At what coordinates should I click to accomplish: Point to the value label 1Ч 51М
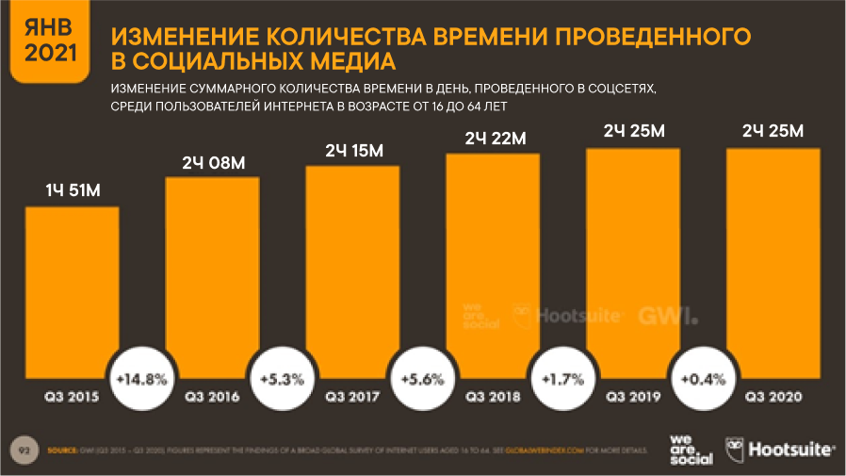click(x=73, y=192)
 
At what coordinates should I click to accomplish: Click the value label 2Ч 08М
click(x=213, y=164)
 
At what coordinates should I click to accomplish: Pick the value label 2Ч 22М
click(x=494, y=140)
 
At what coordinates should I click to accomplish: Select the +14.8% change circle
click(x=141, y=380)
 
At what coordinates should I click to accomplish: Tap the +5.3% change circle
click(x=282, y=380)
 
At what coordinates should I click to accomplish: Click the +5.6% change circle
click(x=422, y=380)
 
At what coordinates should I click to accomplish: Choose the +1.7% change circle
click(x=562, y=380)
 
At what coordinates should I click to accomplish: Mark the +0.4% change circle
click(x=703, y=380)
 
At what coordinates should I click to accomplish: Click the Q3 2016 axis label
click(x=213, y=397)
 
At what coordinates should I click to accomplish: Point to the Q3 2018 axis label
click(x=494, y=397)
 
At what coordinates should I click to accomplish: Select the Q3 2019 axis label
click(x=633, y=397)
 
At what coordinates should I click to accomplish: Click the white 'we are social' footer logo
click(x=690, y=450)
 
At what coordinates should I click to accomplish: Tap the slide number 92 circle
click(x=22, y=450)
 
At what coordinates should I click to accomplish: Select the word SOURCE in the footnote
click(x=61, y=451)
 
